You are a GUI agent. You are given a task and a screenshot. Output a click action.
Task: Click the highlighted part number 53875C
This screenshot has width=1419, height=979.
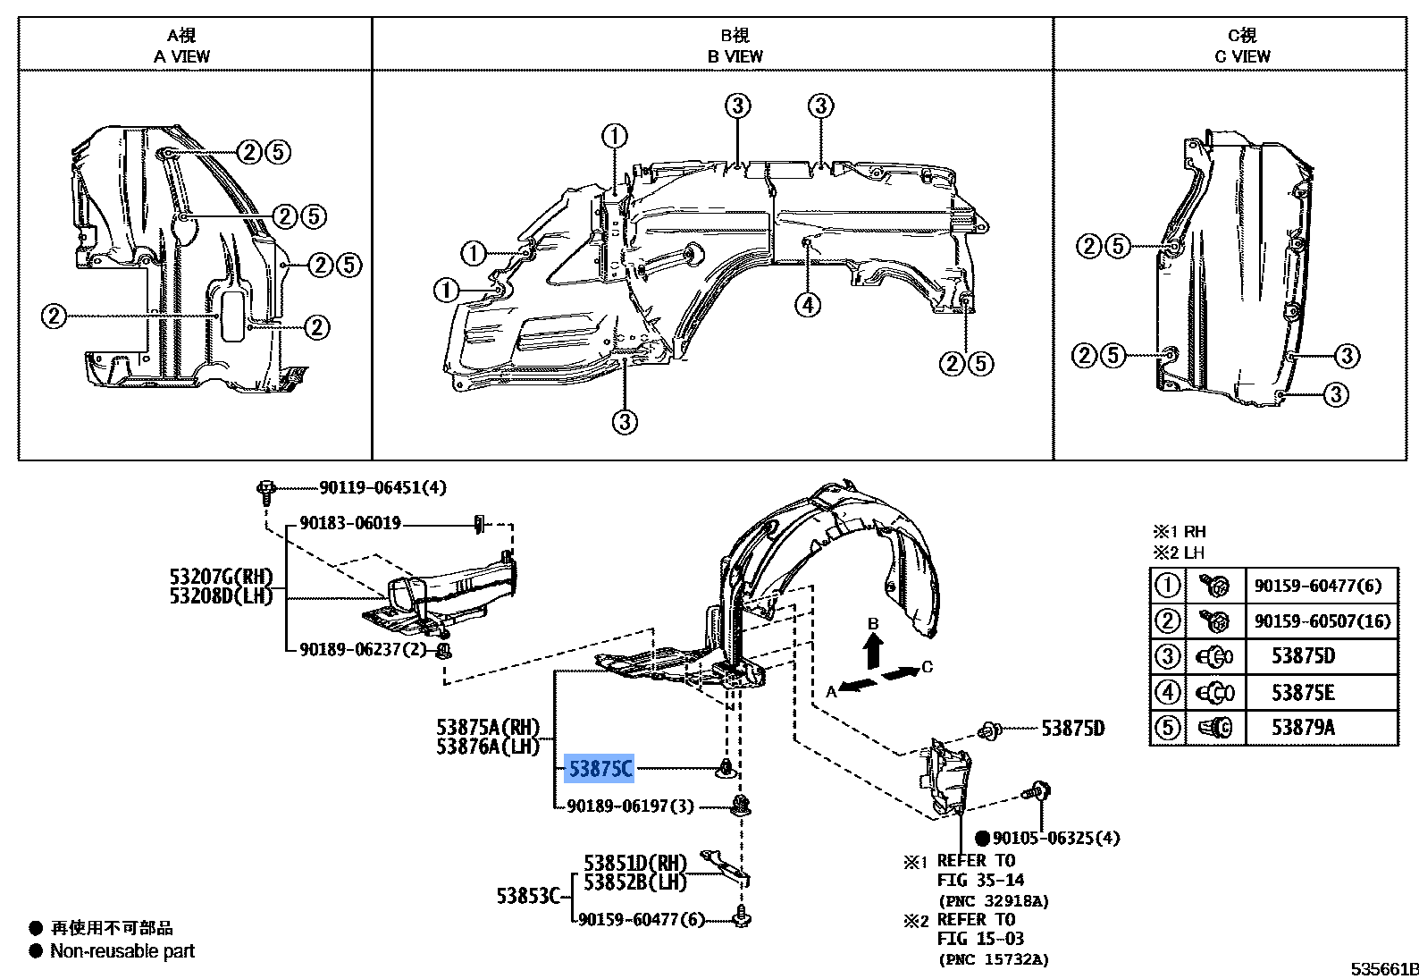pyautogui.click(x=600, y=768)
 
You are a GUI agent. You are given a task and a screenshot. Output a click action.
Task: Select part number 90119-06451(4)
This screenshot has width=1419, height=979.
pyautogui.click(x=382, y=487)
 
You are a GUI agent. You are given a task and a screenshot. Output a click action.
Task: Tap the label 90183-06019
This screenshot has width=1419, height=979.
pyautogui.click(x=350, y=523)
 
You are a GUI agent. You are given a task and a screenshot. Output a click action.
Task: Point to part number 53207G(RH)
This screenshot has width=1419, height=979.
pyautogui.click(x=221, y=577)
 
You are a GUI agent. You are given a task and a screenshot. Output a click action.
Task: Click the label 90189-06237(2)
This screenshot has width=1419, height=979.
pyautogui.click(x=363, y=649)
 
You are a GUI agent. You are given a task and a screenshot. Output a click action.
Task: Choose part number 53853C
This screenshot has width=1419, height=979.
pyautogui.click(x=527, y=895)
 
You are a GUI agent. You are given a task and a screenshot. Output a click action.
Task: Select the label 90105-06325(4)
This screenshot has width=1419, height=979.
pyautogui.click(x=1055, y=838)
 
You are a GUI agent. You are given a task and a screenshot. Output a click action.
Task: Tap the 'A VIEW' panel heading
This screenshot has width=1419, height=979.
pyautogui.click(x=181, y=55)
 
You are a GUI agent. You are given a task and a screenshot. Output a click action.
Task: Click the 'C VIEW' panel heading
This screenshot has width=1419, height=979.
pyautogui.click(x=1242, y=55)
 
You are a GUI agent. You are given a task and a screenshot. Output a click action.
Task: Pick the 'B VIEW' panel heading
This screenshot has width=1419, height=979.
pyautogui.click(x=735, y=55)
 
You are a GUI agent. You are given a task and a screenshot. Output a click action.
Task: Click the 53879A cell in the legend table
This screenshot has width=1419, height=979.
pyautogui.click(x=1303, y=728)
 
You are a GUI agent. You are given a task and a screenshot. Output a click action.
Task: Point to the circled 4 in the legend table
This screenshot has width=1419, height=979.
pyautogui.click(x=1168, y=692)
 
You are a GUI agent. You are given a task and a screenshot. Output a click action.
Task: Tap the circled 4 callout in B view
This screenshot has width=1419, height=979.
pyautogui.click(x=807, y=305)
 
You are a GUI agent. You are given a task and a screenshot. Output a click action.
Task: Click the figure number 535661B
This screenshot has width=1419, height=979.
pyautogui.click(x=1384, y=968)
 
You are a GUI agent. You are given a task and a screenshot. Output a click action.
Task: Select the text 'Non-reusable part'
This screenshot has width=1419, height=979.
pyautogui.click(x=122, y=951)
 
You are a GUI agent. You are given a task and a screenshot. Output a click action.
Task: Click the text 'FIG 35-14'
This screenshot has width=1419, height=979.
pyautogui.click(x=980, y=880)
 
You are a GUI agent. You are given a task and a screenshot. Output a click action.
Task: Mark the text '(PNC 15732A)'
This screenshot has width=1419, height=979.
pyautogui.click(x=994, y=959)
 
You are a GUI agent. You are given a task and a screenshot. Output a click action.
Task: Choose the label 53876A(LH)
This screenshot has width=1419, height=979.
pyautogui.click(x=488, y=747)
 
